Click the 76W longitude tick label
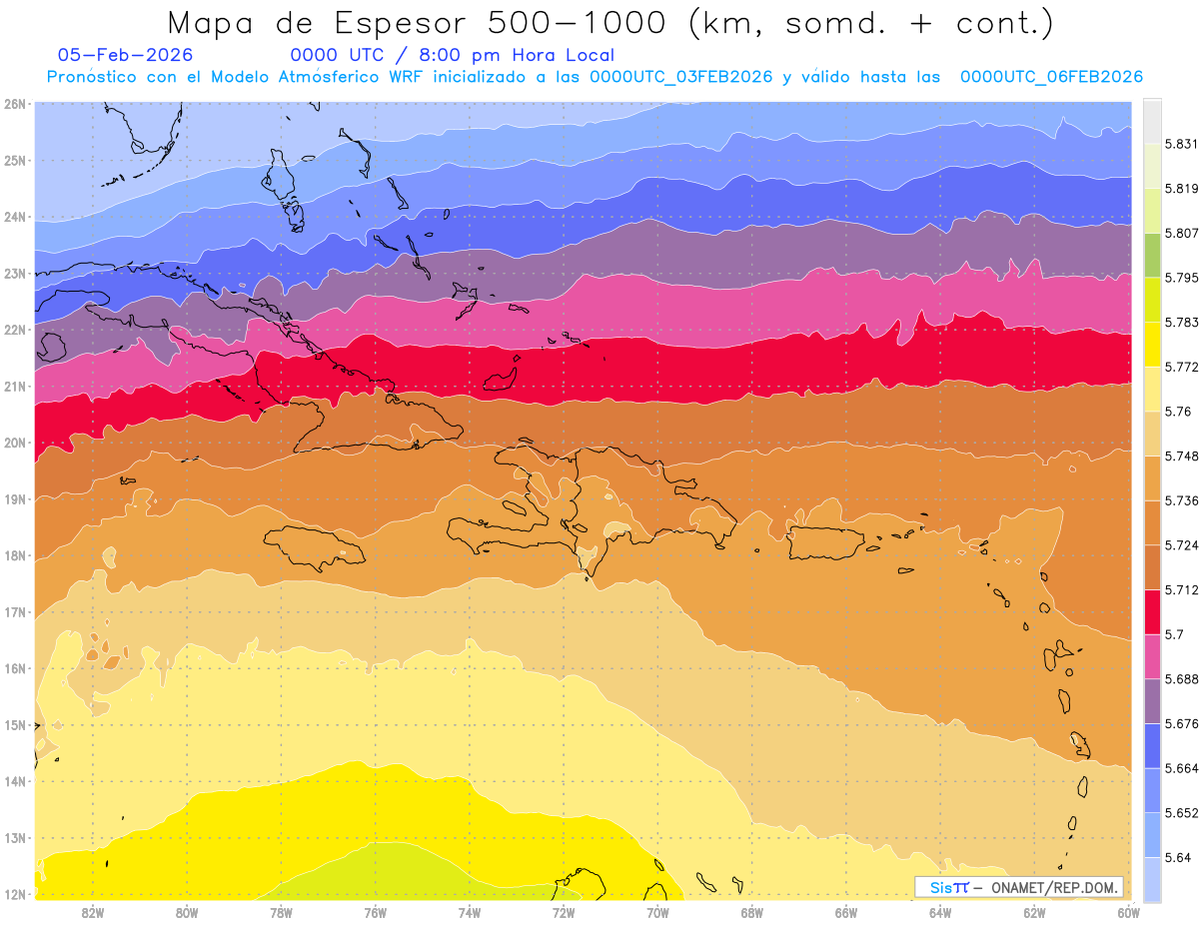pos(375,912)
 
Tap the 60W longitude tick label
pos(1128,912)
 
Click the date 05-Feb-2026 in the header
pos(126,55)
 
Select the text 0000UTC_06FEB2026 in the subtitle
pos(1051,77)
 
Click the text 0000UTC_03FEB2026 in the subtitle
pos(680,77)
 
